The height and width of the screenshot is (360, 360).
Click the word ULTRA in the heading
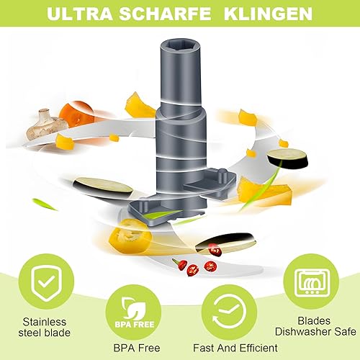pyautogui.click(x=80, y=14)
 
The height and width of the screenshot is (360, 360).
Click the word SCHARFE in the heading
pyautogui.click(x=165, y=14)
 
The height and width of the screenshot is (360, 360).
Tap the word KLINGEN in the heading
pyautogui.click(x=268, y=14)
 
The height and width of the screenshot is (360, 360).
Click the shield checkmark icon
pyautogui.click(x=46, y=282)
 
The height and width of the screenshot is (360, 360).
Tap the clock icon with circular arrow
pyautogui.click(x=229, y=312)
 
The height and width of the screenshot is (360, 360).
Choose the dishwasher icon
pyautogui.click(x=311, y=282)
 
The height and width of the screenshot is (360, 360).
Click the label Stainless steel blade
pyautogui.click(x=45, y=327)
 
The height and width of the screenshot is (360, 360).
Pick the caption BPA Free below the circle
pyautogui.click(x=137, y=348)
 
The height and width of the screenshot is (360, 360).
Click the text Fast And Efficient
pyautogui.click(x=235, y=348)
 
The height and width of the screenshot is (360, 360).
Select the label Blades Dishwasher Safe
pyautogui.click(x=315, y=326)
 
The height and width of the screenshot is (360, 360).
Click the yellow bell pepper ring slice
pyautogui.click(x=130, y=236)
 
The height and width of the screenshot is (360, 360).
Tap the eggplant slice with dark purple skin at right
pyautogui.click(x=287, y=158)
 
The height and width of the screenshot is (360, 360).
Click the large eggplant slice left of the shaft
pyautogui.click(x=103, y=188)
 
